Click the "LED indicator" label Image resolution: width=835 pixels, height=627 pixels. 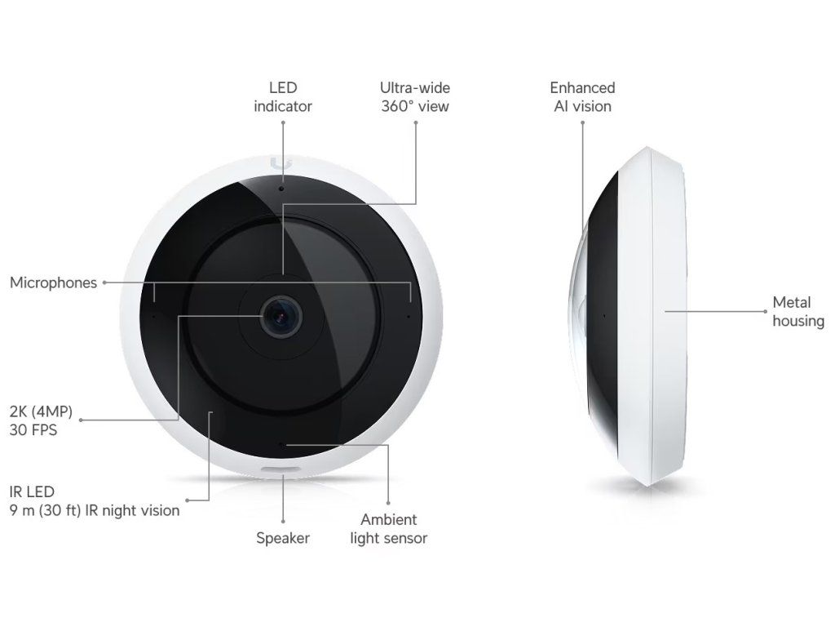pyautogui.click(x=282, y=96)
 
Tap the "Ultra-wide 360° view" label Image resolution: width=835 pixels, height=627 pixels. pyautogui.click(x=414, y=96)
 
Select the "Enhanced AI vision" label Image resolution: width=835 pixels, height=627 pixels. pyautogui.click(x=582, y=96)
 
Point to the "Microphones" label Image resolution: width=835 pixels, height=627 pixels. pyautogui.click(x=53, y=282)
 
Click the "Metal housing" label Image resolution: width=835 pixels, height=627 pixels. pyautogui.click(x=797, y=312)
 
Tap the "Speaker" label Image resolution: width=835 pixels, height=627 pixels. pyautogui.click(x=283, y=538)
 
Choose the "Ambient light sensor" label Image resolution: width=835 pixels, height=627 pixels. pyautogui.click(x=388, y=528)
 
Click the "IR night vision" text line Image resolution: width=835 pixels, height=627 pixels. pyautogui.click(x=94, y=511)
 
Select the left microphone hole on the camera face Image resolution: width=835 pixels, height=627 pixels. pyautogui.click(x=154, y=313)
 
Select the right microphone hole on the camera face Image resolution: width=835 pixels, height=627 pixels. pyautogui.click(x=409, y=313)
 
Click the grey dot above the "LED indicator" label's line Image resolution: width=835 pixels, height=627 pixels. pyautogui.click(x=283, y=122)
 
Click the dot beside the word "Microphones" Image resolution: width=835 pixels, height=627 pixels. pyautogui.click(x=104, y=282)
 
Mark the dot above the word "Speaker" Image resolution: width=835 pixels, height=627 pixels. pyautogui.click(x=283, y=521)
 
